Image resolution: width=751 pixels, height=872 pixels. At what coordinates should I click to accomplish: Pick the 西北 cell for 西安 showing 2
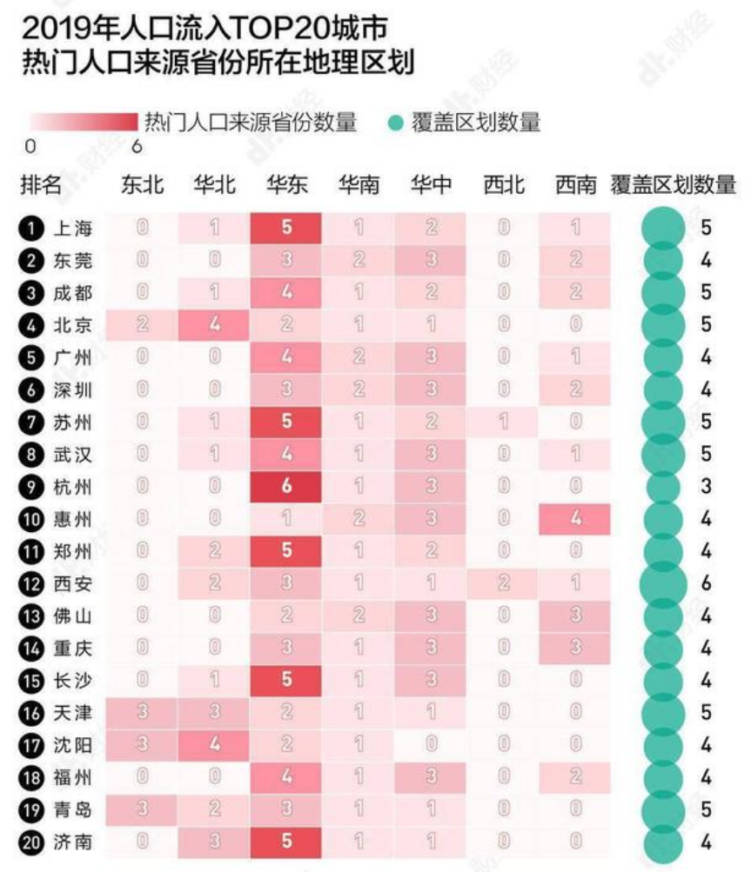pyautogui.click(x=503, y=583)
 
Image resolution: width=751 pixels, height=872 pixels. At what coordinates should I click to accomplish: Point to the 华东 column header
pyautogui.click(x=287, y=184)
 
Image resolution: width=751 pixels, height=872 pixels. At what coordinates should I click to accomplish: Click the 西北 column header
pyautogui.click(x=503, y=184)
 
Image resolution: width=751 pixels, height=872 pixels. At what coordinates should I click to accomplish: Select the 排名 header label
pyautogui.click(x=41, y=184)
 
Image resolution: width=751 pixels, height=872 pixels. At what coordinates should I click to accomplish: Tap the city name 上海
pyautogui.click(x=72, y=229)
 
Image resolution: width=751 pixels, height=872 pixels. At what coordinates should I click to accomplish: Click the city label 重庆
pyautogui.click(x=72, y=649)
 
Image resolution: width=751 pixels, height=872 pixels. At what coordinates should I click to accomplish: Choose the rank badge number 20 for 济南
pyautogui.click(x=31, y=842)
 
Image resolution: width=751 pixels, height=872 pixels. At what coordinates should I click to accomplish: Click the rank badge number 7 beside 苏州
pyautogui.click(x=31, y=423)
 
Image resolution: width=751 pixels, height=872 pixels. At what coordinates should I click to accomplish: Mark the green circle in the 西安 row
pyautogui.click(x=663, y=583)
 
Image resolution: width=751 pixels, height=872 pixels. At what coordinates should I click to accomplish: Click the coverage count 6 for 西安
pyautogui.click(x=707, y=583)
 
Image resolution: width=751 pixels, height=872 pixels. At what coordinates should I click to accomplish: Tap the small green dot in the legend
pyautogui.click(x=394, y=123)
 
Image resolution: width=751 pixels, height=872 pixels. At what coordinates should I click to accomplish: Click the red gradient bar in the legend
pyautogui.click(x=84, y=122)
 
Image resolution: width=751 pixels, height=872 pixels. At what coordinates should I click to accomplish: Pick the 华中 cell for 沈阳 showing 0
pyautogui.click(x=430, y=745)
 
